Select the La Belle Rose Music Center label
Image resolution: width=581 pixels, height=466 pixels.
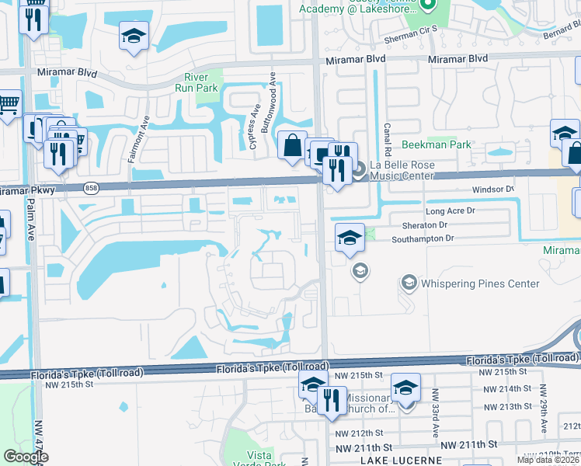coord(412,170)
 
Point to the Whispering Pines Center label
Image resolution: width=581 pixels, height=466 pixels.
coord(480,283)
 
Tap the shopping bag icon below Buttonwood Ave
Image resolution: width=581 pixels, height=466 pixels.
coord(291,145)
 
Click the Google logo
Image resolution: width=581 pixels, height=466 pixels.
coord(26,457)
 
